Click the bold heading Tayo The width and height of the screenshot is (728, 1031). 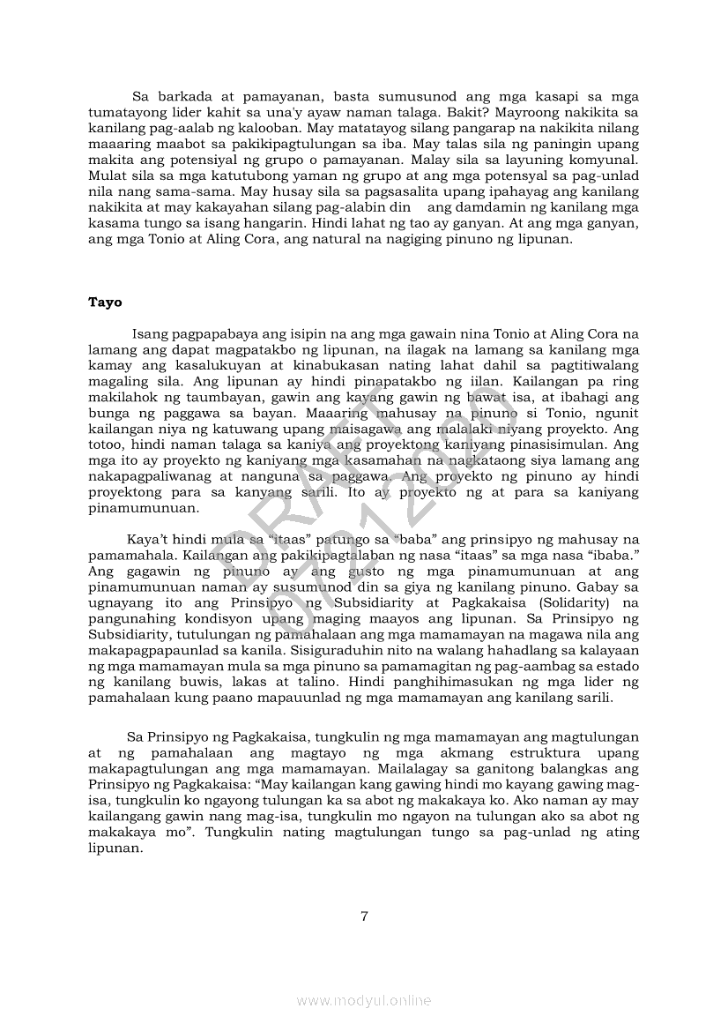[105, 303]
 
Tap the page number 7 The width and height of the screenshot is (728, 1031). [364, 915]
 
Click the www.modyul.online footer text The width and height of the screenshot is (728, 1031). [364, 1000]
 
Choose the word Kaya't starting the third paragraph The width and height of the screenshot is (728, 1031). [148, 540]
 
